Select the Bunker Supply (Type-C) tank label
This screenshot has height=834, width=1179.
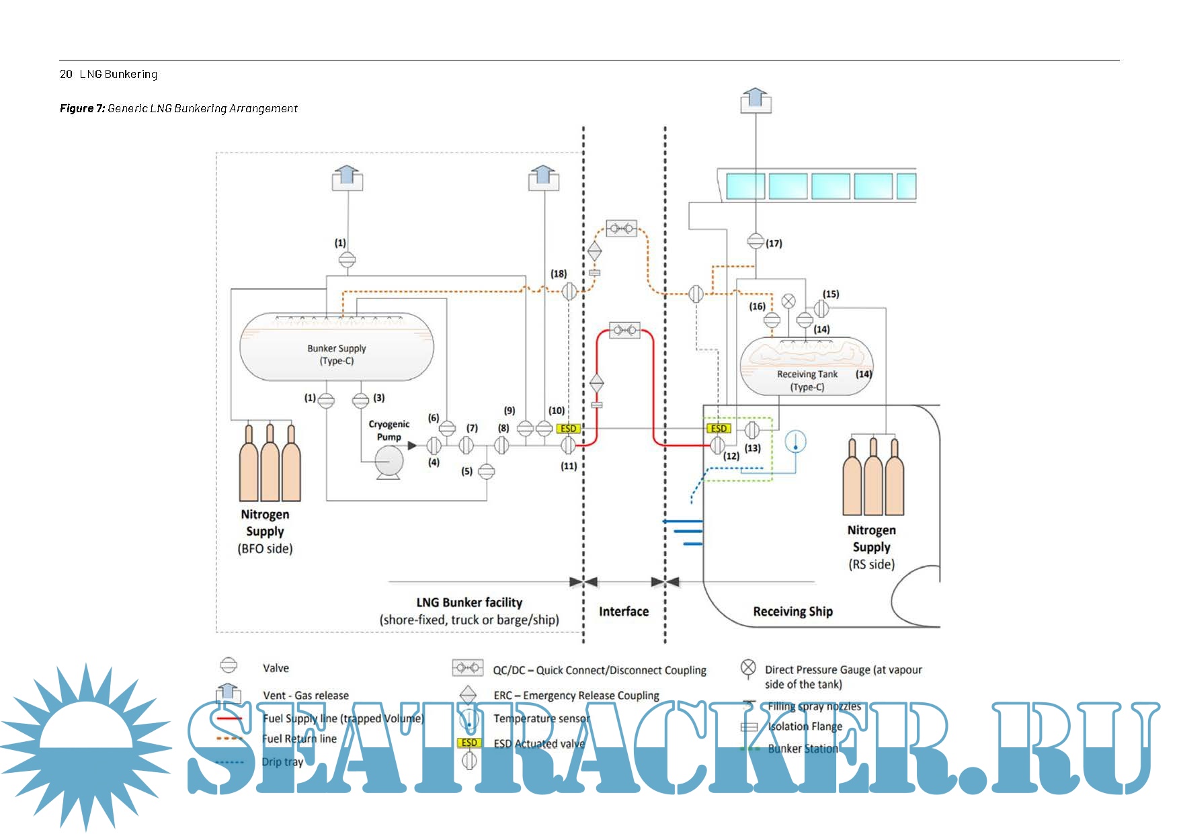click(337, 354)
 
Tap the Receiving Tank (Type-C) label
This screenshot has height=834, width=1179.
click(807, 380)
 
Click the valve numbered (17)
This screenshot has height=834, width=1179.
click(756, 241)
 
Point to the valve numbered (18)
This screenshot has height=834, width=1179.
click(569, 291)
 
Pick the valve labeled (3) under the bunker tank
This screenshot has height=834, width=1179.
click(361, 401)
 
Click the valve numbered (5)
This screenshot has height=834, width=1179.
click(486, 472)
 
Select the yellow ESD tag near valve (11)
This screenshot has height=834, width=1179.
click(568, 429)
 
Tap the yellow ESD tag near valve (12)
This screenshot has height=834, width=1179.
click(719, 429)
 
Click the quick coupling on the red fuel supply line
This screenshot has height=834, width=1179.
click(625, 330)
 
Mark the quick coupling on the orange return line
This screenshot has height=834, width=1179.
click(621, 229)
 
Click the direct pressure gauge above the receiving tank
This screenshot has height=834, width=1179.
click(788, 301)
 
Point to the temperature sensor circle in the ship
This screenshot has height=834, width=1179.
click(796, 442)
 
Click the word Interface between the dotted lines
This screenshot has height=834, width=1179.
click(624, 612)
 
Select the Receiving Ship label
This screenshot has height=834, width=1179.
click(792, 612)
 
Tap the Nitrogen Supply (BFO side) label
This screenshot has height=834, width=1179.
click(266, 531)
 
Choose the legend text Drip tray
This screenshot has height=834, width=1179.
click(282, 762)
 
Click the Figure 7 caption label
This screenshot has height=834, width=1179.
click(178, 108)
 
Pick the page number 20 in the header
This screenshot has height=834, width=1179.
click(66, 74)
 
